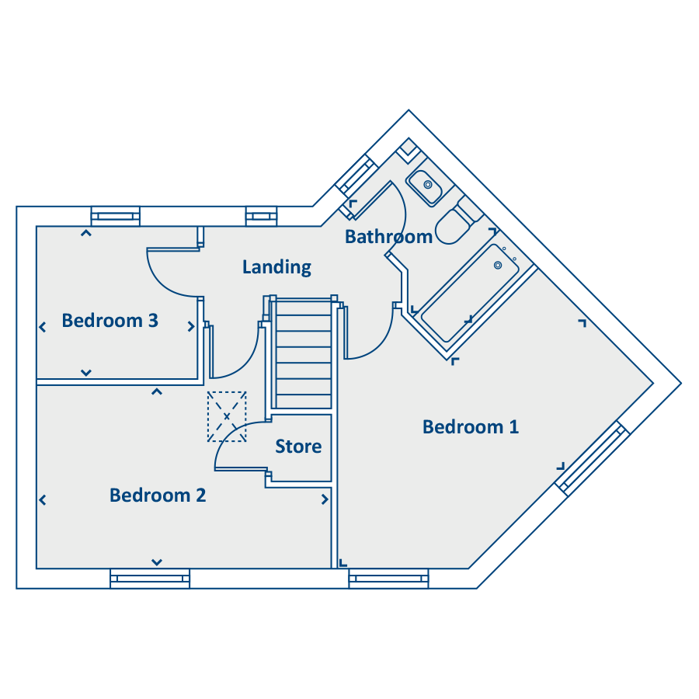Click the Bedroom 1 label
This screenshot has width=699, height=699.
point(471,427)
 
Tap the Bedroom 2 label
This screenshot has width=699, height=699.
point(158,496)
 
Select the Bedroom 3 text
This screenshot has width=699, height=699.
point(110,321)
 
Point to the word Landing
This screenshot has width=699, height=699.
point(276,267)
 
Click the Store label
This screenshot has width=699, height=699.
point(298,447)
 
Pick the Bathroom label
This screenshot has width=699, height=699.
point(389,237)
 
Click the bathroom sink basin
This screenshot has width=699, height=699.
point(424,188)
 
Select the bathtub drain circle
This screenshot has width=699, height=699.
point(498,266)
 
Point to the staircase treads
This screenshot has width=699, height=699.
point(304,354)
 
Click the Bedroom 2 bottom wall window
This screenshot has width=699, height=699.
point(150,579)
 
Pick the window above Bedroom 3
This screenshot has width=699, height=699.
point(116,217)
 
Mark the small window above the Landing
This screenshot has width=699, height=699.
point(261,217)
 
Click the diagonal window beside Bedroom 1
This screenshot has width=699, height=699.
point(592,457)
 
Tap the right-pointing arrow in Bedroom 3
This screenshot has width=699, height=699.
point(191,327)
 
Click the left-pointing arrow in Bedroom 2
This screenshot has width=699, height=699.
point(43,500)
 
